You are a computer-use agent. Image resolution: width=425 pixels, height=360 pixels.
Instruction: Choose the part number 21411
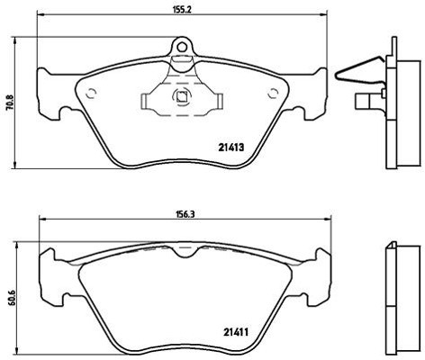(237, 333)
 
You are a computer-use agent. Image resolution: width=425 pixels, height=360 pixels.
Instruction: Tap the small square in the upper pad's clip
(182, 98)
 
